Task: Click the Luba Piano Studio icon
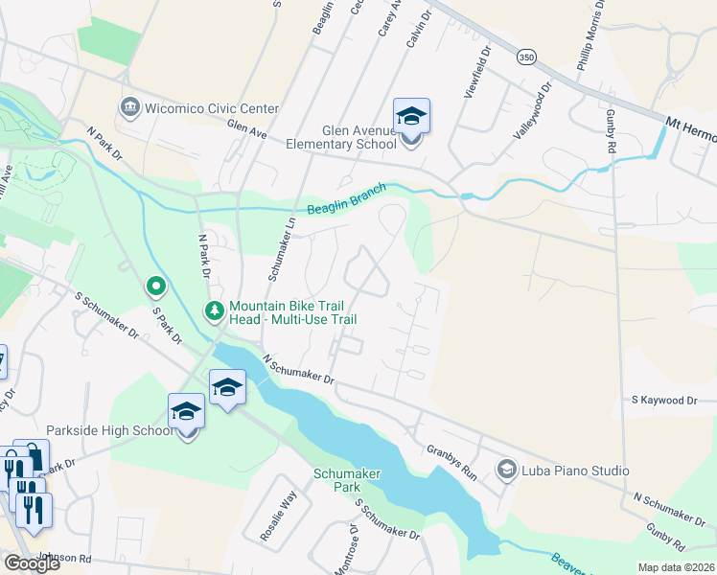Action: coord(505,470)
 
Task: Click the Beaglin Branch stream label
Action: coord(346,199)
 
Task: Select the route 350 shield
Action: coord(525,57)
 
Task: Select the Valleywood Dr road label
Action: coord(534,111)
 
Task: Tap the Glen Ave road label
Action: coord(246,129)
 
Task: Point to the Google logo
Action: coord(31,563)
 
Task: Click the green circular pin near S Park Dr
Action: coord(155,286)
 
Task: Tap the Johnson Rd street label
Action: coord(64,558)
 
